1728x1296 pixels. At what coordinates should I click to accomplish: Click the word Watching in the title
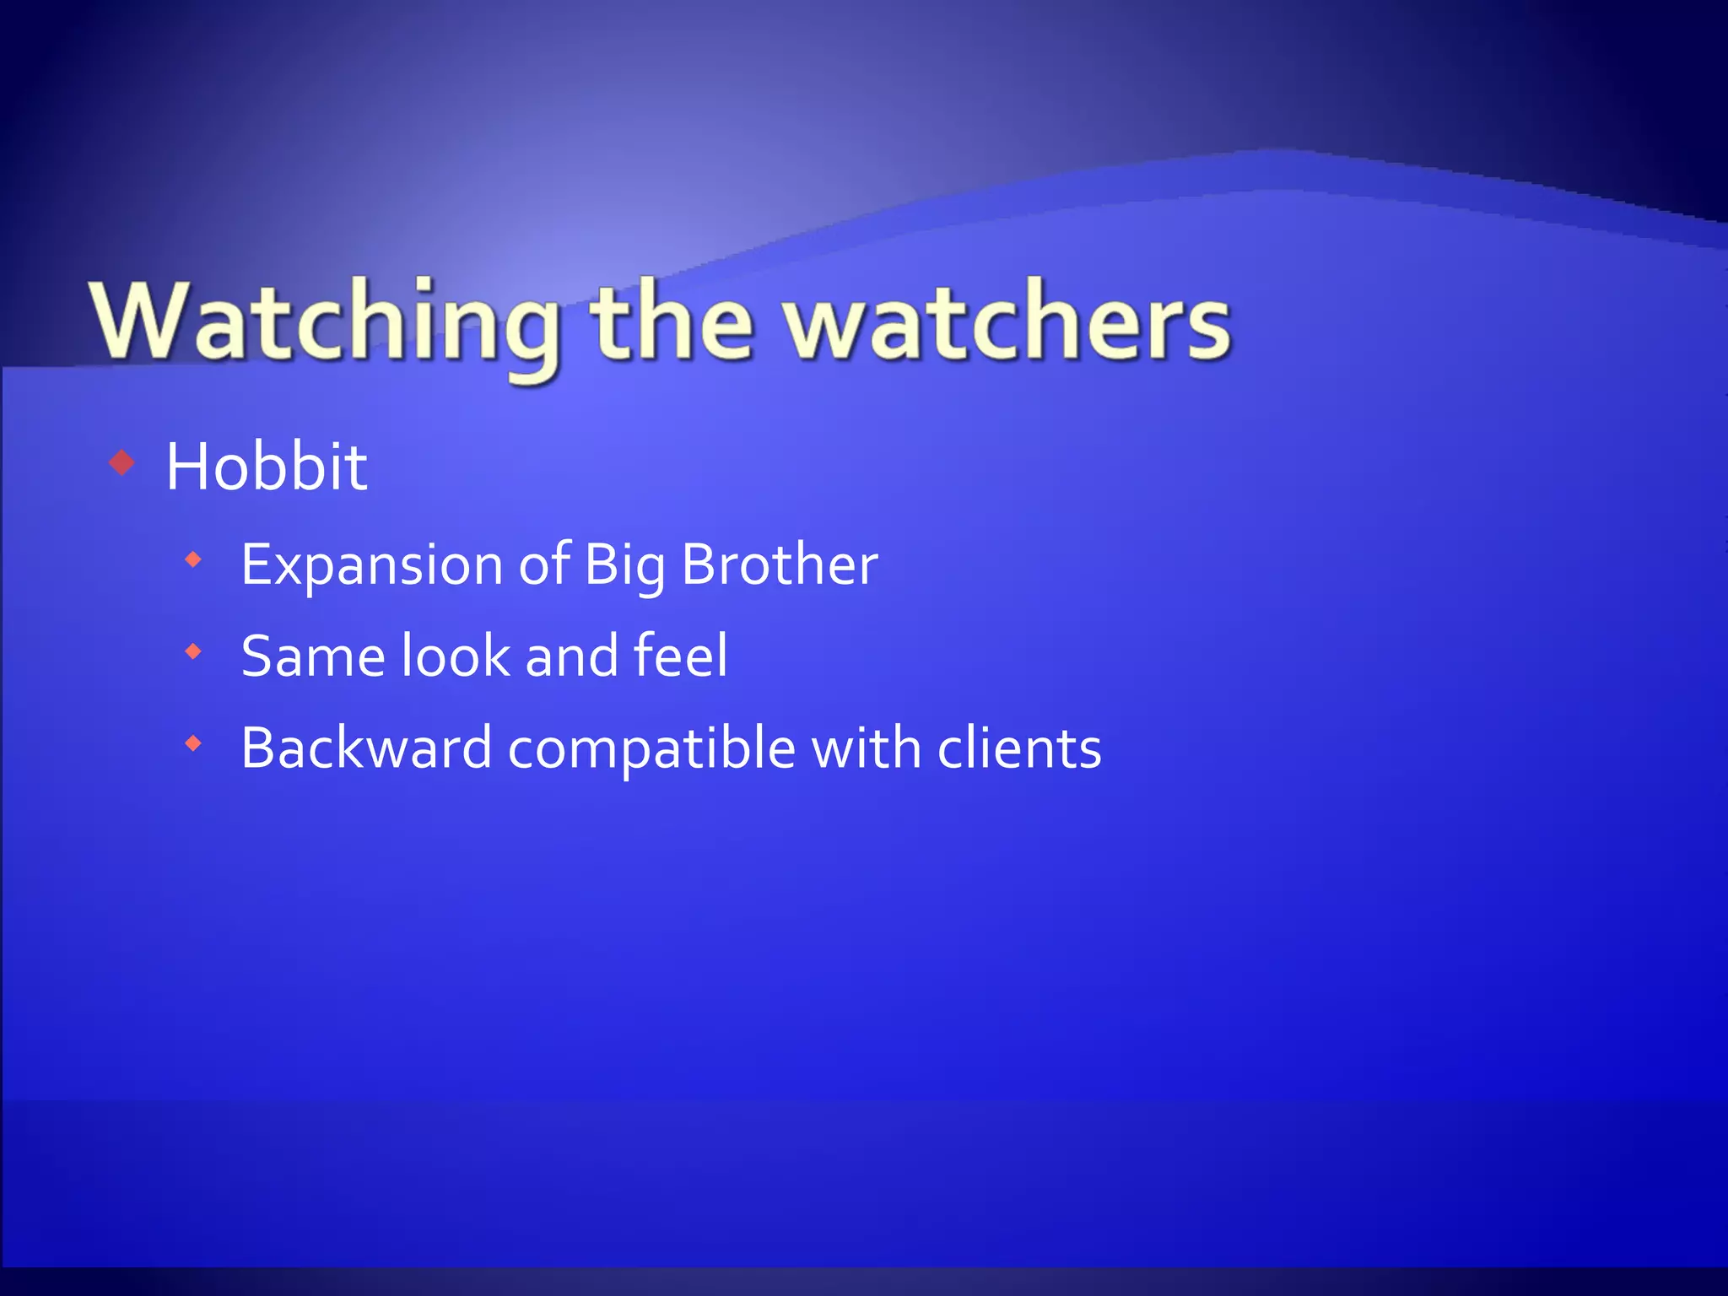tap(325, 325)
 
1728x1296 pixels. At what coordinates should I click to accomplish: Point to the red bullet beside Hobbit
tap(122, 462)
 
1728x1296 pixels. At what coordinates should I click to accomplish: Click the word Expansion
tap(372, 564)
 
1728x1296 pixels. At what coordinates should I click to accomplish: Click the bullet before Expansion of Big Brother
tap(194, 559)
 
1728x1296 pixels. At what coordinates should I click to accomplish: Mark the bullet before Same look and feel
tap(194, 651)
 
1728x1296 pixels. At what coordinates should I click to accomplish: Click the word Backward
tap(366, 748)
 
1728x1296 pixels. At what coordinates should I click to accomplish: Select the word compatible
tap(651, 749)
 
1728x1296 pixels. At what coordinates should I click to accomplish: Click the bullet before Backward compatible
tap(194, 743)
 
